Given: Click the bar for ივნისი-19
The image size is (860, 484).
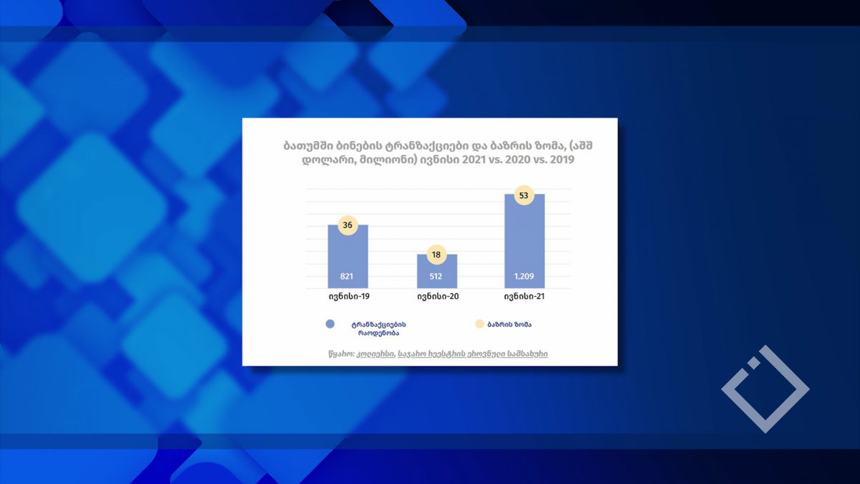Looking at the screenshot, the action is pyautogui.click(x=348, y=256).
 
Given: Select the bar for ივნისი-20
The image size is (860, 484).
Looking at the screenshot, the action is pyautogui.click(x=437, y=271).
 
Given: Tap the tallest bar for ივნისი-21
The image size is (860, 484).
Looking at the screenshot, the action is pyautogui.click(x=525, y=241).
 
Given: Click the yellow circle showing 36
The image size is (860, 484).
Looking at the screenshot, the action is pyautogui.click(x=348, y=225).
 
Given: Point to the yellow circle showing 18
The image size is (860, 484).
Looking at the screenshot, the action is pyautogui.click(x=436, y=255).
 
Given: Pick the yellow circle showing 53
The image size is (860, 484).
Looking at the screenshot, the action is pyautogui.click(x=524, y=195).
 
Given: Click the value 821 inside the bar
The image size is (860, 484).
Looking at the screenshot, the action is pyautogui.click(x=346, y=276).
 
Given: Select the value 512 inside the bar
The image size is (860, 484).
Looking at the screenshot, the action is pyautogui.click(x=436, y=276).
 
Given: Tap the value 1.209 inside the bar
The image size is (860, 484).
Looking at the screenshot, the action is pyautogui.click(x=524, y=276).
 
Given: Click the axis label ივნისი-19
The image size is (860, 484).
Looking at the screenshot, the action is pyautogui.click(x=349, y=296).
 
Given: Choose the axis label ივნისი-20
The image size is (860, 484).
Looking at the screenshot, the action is pyautogui.click(x=438, y=296).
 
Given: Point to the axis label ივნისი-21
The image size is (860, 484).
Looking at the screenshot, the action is pyautogui.click(x=525, y=296).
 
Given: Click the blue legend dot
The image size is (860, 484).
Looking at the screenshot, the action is pyautogui.click(x=330, y=324).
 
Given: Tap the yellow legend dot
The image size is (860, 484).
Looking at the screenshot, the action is pyautogui.click(x=479, y=324).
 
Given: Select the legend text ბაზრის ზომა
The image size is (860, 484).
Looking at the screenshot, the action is pyautogui.click(x=510, y=325).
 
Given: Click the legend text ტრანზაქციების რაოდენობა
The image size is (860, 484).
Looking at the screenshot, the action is pyautogui.click(x=378, y=329).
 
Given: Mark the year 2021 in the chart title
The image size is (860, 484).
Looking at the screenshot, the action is pyautogui.click(x=474, y=159).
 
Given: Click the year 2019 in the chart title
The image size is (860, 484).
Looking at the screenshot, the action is pyautogui.click(x=562, y=159).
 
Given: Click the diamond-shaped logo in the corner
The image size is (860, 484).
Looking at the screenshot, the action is pyautogui.click(x=765, y=389).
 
